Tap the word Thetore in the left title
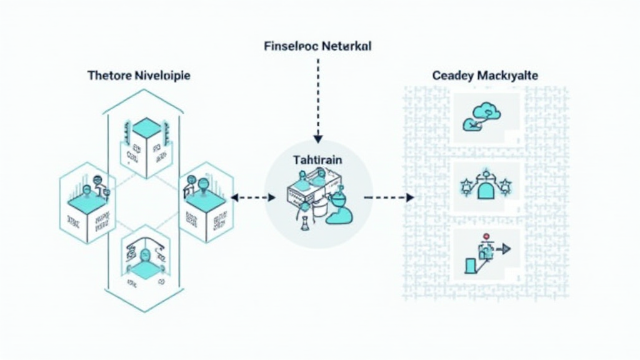109,76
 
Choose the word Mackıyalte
508,76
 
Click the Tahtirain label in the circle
317,160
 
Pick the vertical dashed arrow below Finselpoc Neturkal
317,100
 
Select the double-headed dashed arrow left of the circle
253,197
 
